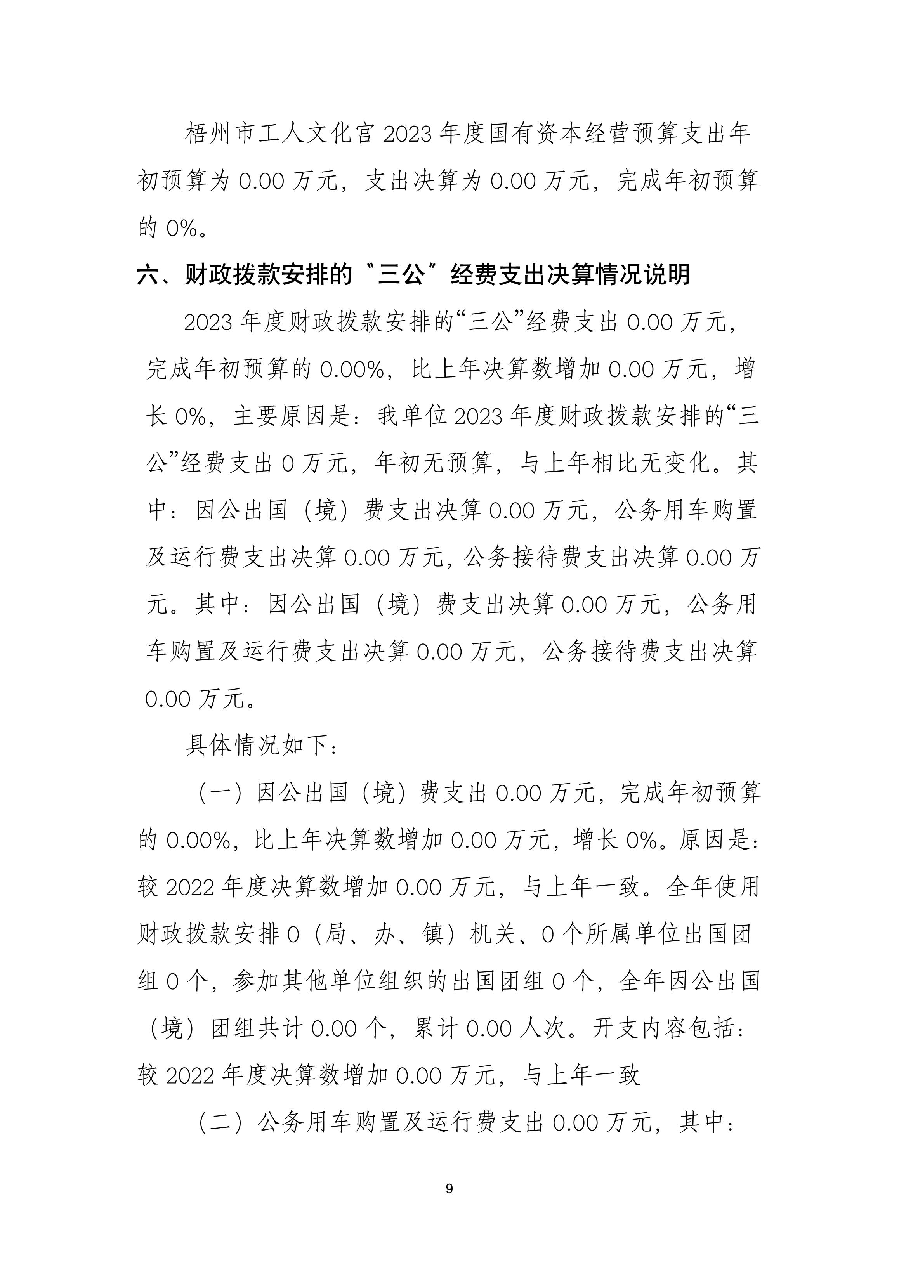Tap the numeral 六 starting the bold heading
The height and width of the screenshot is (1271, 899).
148,274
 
